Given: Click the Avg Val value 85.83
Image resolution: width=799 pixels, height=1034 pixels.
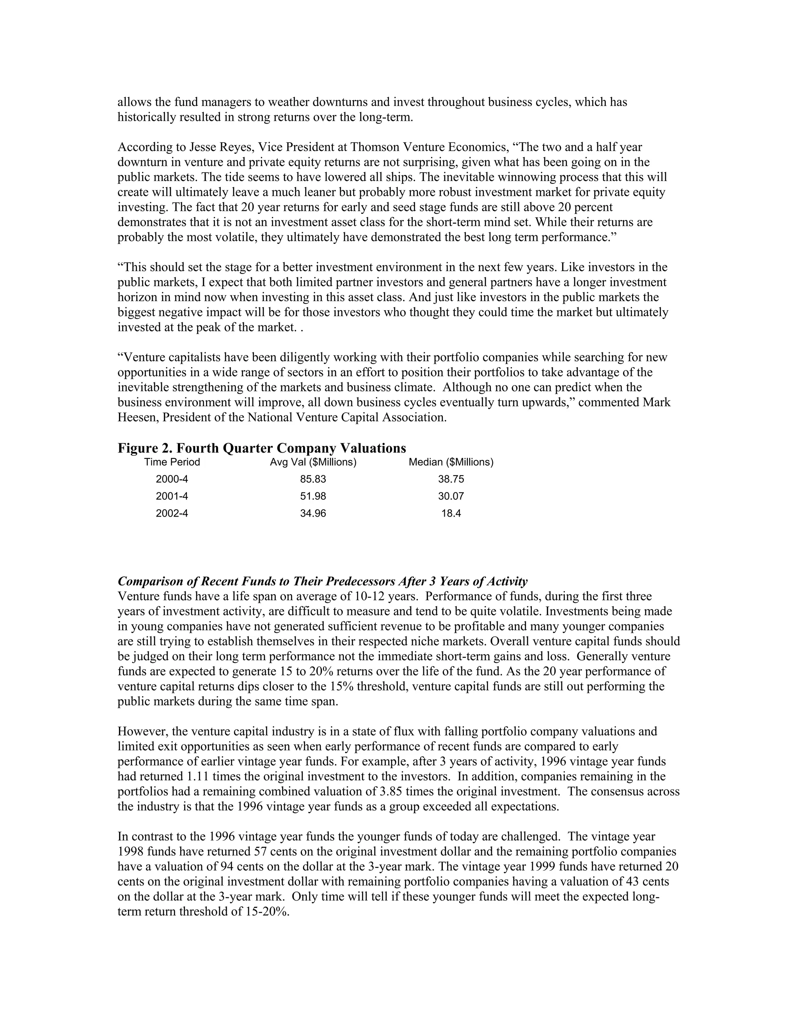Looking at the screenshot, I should click(313, 479).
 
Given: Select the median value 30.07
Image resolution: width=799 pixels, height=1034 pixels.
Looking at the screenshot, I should click(451, 496).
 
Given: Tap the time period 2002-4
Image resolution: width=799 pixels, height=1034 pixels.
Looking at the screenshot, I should click(172, 513).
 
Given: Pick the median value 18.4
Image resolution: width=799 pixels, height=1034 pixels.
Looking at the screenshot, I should click(451, 513).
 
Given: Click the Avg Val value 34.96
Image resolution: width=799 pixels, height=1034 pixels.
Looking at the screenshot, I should click(313, 513).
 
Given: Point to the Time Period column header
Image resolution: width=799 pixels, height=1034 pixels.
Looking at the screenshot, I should click(172, 462).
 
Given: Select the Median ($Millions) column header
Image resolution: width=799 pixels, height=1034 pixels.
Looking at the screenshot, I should click(451, 462).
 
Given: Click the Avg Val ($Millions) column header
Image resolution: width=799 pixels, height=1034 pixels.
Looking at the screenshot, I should click(313, 462).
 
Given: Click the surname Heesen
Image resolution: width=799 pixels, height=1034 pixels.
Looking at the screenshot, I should click(134, 418).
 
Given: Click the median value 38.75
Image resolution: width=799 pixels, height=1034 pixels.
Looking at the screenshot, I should click(451, 479).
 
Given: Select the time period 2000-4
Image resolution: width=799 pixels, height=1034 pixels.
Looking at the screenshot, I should click(172, 479).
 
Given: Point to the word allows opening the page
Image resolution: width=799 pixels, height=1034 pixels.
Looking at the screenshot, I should click(131, 102).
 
